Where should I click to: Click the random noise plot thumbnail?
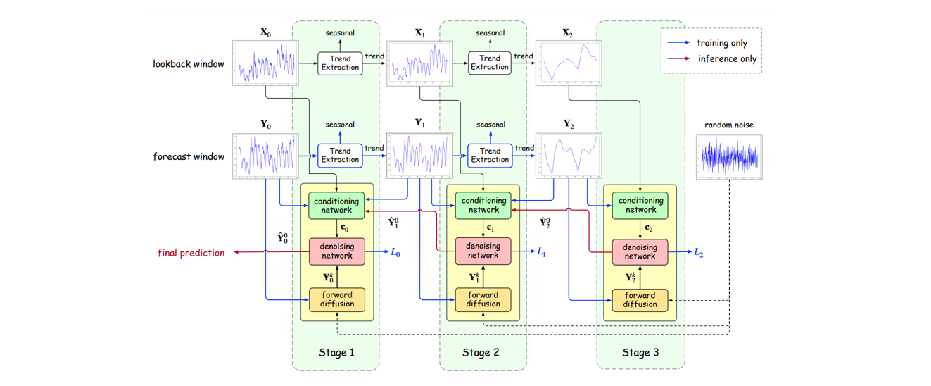pos(728,156)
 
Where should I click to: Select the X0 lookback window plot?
pos(265,64)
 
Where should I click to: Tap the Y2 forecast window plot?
pos(569,156)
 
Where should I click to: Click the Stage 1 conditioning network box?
pos(336,205)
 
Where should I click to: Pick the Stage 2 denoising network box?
pos(483,251)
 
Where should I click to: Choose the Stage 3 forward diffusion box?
pos(640,299)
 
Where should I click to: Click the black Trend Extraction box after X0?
pos(340,63)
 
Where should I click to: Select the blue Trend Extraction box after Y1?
pos(489,156)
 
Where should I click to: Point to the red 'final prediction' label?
pos(191,253)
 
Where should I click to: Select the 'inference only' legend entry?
pos(727,59)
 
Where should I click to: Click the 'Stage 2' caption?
pos(483,352)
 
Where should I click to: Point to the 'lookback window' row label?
pos(189,64)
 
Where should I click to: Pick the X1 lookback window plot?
pos(419,64)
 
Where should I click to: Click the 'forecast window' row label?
pos(189,156)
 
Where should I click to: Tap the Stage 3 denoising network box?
pos(640,251)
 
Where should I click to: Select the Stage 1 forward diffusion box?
pos(336,299)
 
